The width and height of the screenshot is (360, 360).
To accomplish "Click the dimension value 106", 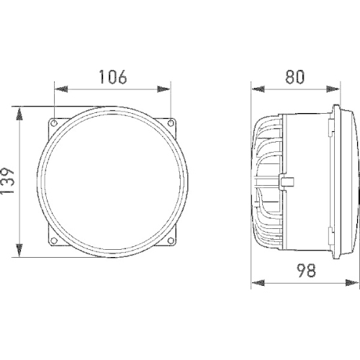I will [x=113, y=77].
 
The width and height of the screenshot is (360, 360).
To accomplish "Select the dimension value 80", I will [x=294, y=77].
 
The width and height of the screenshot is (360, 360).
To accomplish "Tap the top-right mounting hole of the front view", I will [x=170, y=123].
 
